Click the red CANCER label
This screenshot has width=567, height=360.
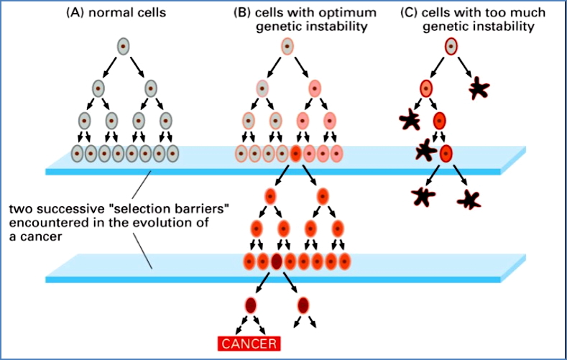tap(247, 344)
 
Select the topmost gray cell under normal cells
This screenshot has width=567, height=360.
tap(123, 47)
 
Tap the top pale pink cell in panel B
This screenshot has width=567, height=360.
tap(287, 47)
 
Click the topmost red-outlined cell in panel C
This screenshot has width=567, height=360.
tap(451, 47)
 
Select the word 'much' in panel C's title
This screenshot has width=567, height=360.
tap(530, 12)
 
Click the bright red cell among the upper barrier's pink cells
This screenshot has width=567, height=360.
tap(295, 153)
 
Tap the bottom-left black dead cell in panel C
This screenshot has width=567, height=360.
tap(422, 195)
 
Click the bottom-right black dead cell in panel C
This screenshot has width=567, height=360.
tap(472, 198)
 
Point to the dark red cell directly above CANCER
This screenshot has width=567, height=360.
tap(250, 305)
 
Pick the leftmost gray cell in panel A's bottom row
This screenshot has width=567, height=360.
tap(77, 153)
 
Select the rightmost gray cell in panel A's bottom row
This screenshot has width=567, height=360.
tap(172, 153)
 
